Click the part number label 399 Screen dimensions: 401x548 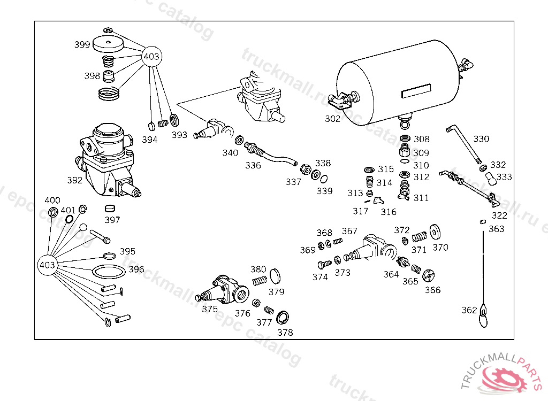pyautogui.click(x=82, y=45)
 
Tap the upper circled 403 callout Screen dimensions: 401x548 pyautogui.click(x=151, y=56)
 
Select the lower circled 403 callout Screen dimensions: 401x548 pyautogui.click(x=48, y=265)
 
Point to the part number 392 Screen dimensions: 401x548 pyautogui.click(x=75, y=180)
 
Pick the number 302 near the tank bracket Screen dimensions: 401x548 pyautogui.click(x=332, y=119)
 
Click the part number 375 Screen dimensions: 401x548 pyautogui.click(x=210, y=309)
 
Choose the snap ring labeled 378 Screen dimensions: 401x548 pyautogui.click(x=283, y=318)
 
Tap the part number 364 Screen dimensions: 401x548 pyautogui.click(x=391, y=274)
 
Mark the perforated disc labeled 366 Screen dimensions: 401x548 pyautogui.click(x=428, y=275)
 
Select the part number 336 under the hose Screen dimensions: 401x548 pyautogui.click(x=253, y=165)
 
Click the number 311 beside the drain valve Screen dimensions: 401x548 pyautogui.click(x=421, y=198)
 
